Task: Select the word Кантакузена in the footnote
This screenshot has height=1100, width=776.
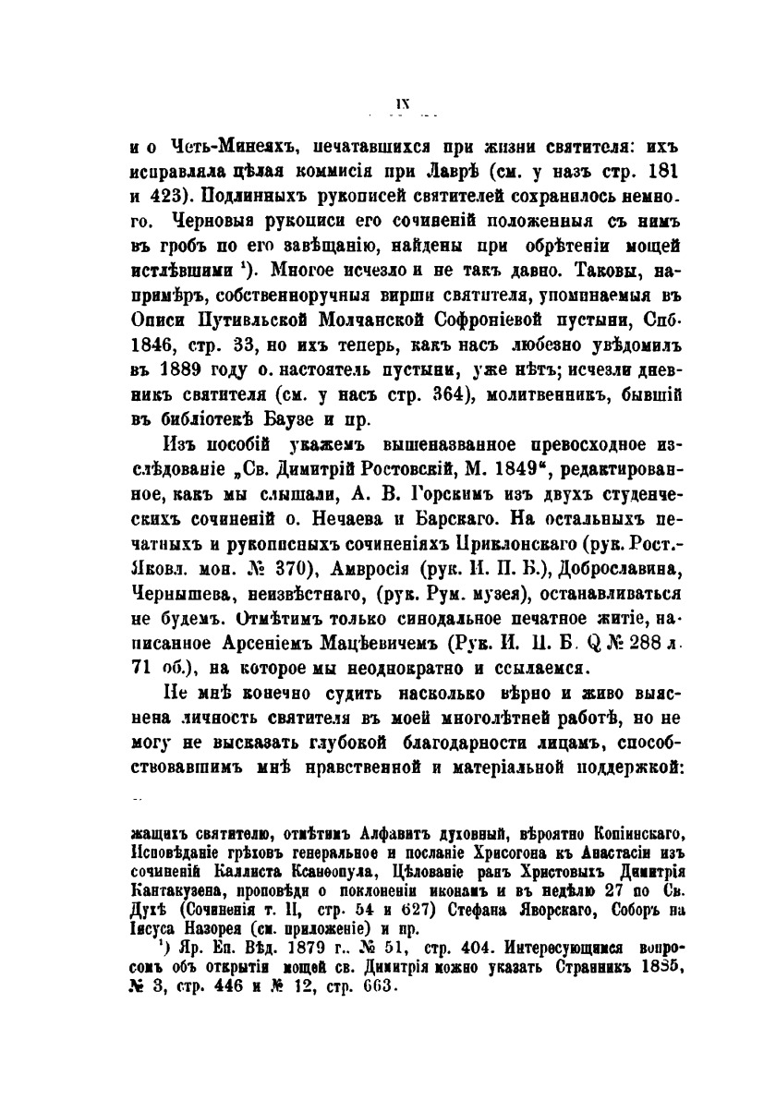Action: [176, 891]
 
